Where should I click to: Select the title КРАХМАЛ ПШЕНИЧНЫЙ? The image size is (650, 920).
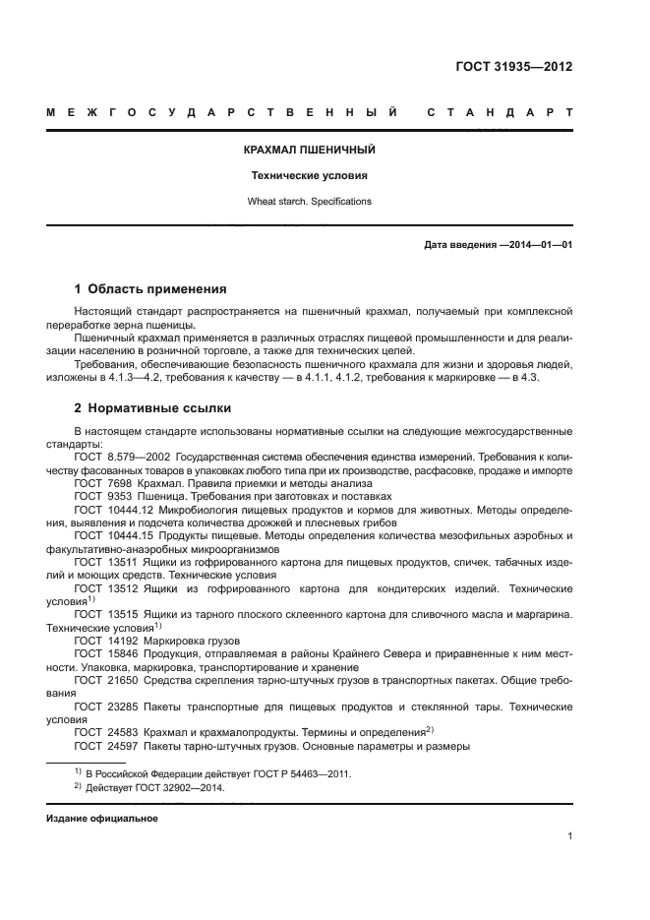coord(309,151)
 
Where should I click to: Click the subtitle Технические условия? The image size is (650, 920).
coord(309,176)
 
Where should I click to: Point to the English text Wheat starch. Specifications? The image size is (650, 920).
coord(309,201)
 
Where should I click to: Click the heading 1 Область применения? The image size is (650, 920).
coord(150,289)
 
